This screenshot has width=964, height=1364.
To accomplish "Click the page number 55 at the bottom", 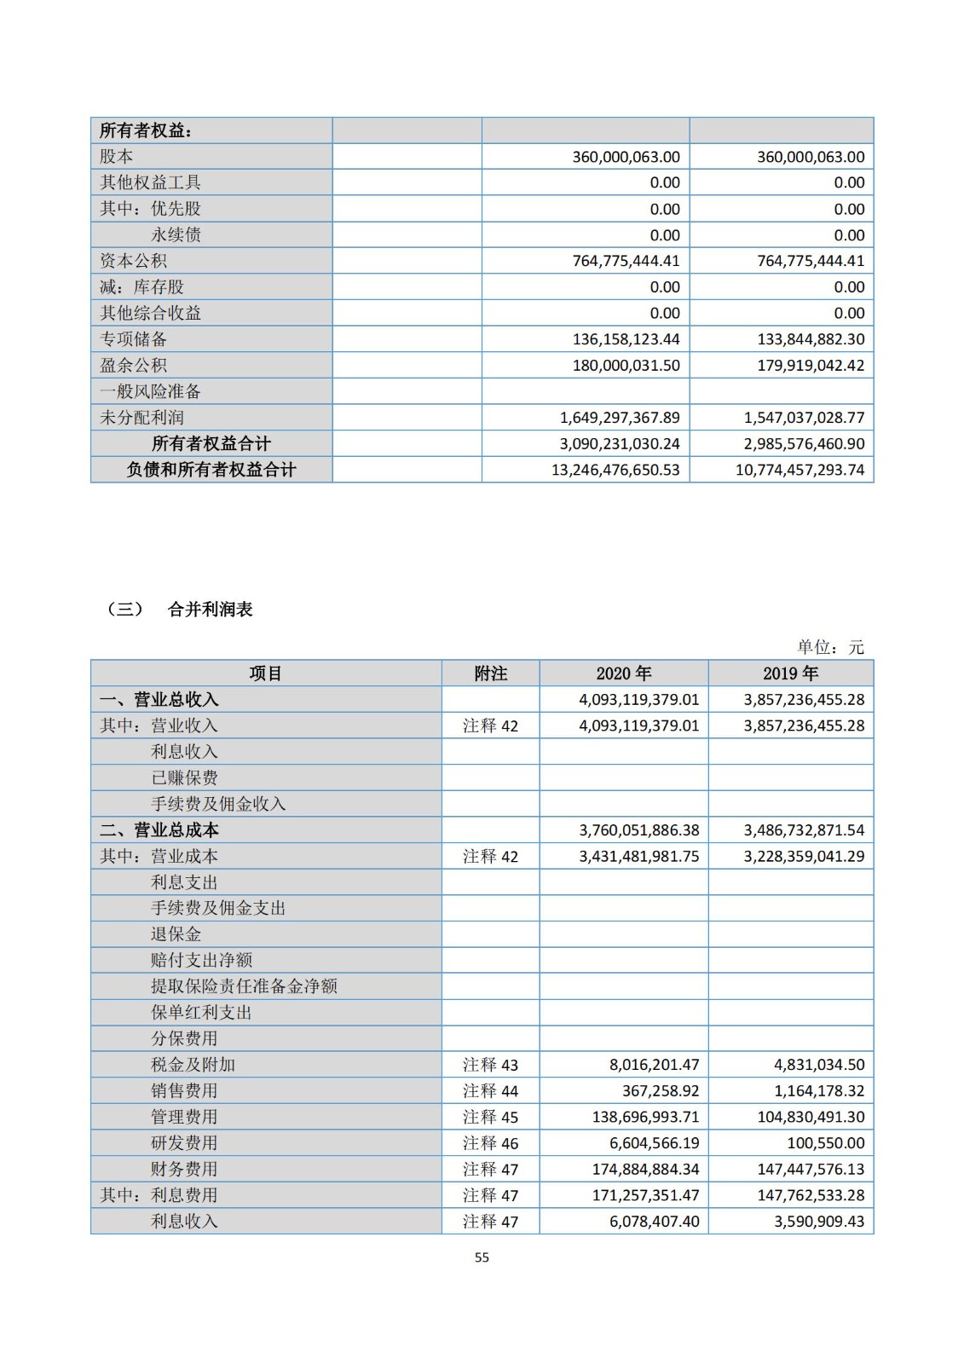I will coord(482,1257).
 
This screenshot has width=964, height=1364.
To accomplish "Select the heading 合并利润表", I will coord(211,610).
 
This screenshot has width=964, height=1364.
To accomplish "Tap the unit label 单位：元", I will coord(830,647).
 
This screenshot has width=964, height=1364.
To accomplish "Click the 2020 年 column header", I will coord(623,673).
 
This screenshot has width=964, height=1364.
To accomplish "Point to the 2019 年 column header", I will coord(790,673).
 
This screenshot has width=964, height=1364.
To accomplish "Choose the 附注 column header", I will coord(490,673).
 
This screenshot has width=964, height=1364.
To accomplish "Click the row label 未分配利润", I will coord(141,418).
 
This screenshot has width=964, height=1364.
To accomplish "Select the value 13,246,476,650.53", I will coord(615,470).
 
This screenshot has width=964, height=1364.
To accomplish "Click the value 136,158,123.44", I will coord(626,339).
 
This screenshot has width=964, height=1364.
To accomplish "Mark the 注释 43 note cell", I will coord(490,1065).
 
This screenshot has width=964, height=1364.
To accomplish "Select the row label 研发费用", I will coord(184,1143).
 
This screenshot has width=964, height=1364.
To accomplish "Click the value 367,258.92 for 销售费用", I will coord(654,1091).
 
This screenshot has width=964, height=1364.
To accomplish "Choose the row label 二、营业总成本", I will coord(159,830).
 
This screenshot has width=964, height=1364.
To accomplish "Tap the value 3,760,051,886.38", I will coord(638,830).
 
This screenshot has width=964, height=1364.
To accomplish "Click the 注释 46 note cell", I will coord(490,1143).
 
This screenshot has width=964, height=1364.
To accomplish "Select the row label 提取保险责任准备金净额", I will coord(244,986).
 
